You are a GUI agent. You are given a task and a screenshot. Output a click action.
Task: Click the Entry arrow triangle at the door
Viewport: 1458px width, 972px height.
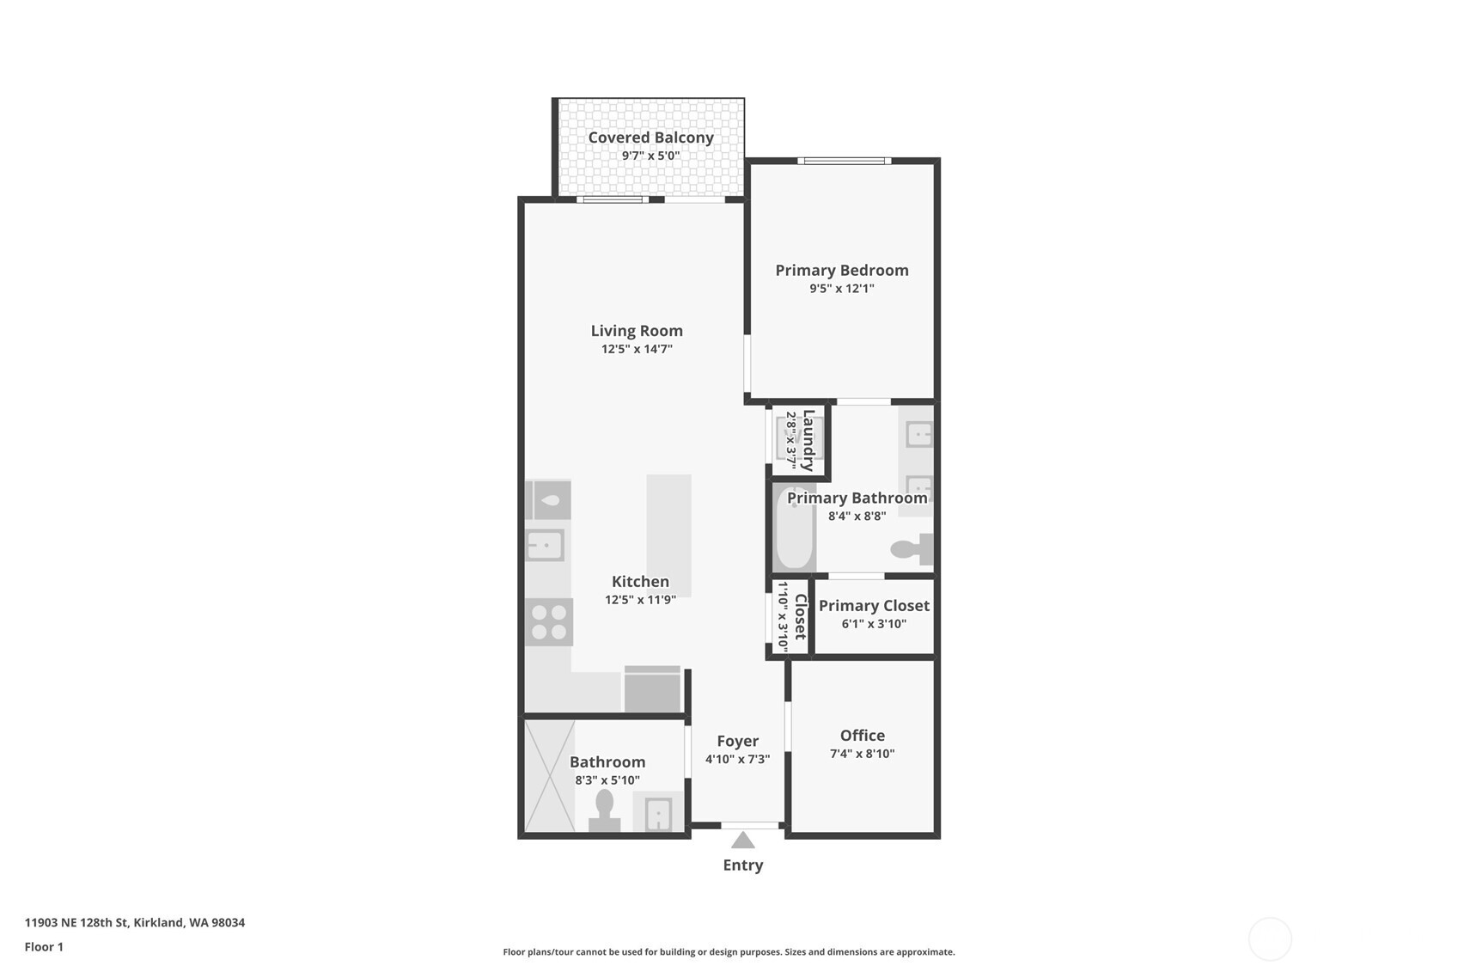click(x=742, y=840)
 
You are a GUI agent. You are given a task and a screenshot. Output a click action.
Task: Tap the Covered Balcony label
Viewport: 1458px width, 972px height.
click(x=650, y=138)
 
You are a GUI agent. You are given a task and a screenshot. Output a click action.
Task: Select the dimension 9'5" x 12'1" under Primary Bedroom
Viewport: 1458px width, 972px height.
click(x=841, y=289)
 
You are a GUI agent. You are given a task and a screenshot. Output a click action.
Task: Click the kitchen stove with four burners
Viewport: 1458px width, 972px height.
click(x=549, y=622)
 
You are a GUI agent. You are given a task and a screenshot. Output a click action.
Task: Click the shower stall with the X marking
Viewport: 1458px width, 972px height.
click(x=549, y=776)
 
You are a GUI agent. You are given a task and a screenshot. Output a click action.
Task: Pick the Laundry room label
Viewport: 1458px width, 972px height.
click(x=808, y=440)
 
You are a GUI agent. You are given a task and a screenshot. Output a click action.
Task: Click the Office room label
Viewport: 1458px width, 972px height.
click(x=862, y=736)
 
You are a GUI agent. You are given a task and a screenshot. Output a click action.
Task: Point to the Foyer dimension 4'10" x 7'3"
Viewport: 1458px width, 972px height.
click(x=737, y=760)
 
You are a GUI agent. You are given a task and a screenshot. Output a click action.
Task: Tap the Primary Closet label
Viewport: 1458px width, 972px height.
click(x=874, y=606)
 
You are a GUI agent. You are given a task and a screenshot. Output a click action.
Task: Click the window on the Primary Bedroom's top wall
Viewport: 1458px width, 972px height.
click(x=844, y=161)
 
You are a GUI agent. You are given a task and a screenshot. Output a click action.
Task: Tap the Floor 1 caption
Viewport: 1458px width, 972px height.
click(x=44, y=947)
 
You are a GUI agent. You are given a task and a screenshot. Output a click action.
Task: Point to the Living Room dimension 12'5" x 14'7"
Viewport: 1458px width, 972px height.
click(x=637, y=350)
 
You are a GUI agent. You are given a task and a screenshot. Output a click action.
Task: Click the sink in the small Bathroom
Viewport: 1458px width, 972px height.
click(x=658, y=813)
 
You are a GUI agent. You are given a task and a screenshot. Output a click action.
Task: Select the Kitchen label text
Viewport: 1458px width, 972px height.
click(x=640, y=582)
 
